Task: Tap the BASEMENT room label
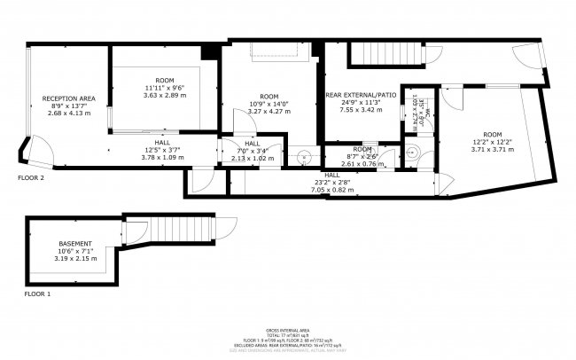[75, 243]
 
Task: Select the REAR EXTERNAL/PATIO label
[361, 95]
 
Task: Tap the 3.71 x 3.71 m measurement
[491, 151]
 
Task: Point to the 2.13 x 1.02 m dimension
[252, 158]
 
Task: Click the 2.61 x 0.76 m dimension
[362, 164]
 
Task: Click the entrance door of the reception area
[37, 153]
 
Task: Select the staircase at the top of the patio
[387, 56]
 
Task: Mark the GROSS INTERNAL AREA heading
[288, 328]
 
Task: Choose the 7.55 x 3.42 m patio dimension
[361, 112]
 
